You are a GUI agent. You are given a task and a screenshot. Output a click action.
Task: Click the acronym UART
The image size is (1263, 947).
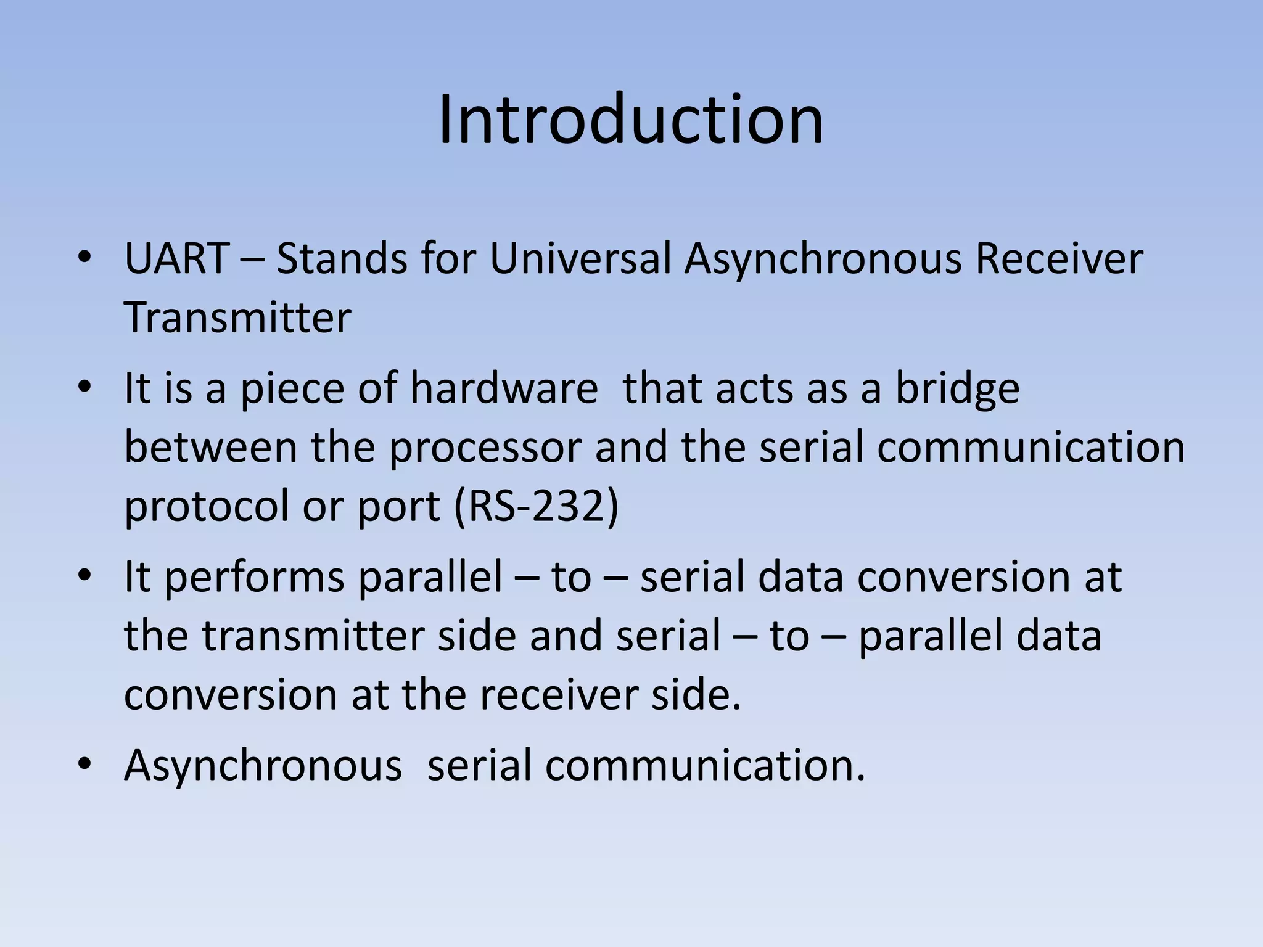point(177,258)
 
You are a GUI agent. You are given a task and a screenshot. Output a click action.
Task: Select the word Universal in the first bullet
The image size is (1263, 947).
point(580,258)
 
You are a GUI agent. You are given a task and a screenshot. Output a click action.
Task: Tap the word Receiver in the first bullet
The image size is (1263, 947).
point(1059,258)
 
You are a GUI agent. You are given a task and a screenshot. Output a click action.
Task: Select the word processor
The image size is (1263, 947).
point(485,448)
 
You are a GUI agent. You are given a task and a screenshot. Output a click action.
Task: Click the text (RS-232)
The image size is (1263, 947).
point(535,506)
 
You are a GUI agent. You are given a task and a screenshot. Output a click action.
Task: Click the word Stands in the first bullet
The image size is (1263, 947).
point(342,258)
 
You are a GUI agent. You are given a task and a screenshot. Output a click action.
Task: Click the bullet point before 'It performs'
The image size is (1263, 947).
point(84,576)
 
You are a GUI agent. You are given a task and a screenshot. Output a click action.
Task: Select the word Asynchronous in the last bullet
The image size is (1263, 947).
point(263,766)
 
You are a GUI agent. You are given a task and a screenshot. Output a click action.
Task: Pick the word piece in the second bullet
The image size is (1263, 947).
point(292,390)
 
